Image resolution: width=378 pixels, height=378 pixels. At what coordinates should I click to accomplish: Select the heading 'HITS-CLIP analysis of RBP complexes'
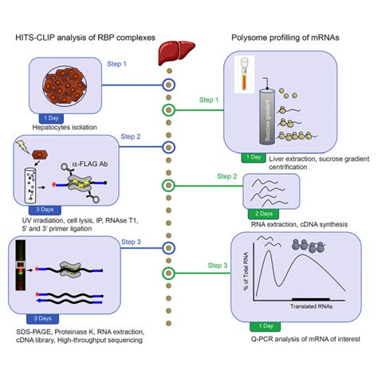tap(81, 37)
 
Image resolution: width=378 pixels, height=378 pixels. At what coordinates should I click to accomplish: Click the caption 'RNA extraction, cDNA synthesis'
tap(266, 224)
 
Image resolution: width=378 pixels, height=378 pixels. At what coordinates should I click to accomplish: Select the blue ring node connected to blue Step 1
tap(167, 85)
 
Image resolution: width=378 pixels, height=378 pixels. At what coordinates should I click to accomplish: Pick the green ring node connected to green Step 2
tap(167, 186)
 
